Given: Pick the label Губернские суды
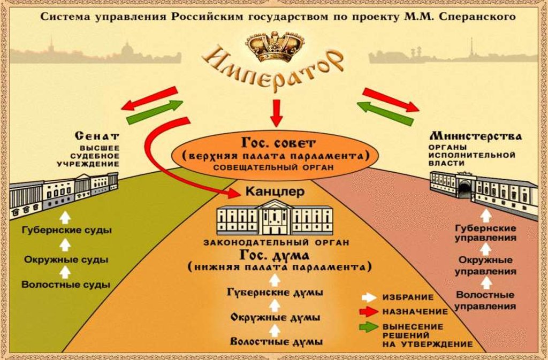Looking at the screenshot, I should point(66,231).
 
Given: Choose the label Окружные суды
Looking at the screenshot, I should point(66,259).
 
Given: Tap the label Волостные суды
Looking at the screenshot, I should point(66,285).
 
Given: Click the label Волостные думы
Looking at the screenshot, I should point(277,341).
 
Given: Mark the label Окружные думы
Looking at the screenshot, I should point(276,317).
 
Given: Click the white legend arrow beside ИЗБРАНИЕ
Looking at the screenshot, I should point(368,297).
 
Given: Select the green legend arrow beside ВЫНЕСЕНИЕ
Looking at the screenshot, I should point(368,327).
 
